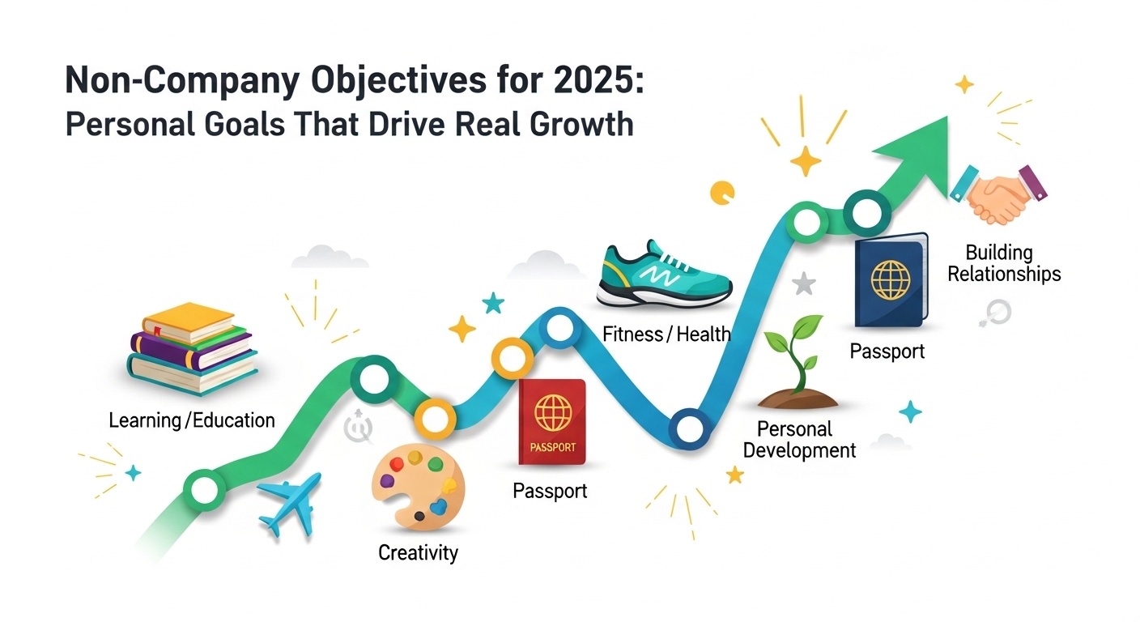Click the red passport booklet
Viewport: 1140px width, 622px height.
coord(552,421)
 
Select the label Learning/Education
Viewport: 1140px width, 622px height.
coord(192,420)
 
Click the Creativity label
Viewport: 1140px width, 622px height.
coord(418,553)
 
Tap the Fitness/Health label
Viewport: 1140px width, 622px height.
coord(666,333)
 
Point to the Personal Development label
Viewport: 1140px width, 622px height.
coord(799,439)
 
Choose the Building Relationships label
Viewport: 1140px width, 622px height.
coord(1004,262)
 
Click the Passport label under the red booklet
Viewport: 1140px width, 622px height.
coord(551,491)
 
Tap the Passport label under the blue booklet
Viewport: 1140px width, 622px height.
coord(887,352)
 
